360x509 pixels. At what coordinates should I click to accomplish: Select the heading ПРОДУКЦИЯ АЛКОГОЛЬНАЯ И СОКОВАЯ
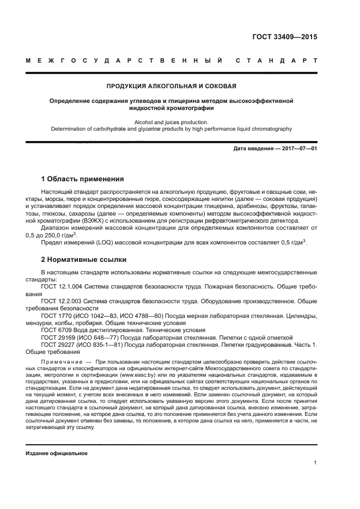pos(172,87)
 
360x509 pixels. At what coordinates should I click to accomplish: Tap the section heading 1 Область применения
pos(83,179)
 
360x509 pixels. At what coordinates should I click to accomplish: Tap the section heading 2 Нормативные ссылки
pos(84,259)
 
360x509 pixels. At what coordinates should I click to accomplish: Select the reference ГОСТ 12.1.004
pos(62,286)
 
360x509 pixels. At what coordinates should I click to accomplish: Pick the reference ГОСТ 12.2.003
pos(62,301)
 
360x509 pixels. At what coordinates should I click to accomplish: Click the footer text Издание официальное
pos(57,453)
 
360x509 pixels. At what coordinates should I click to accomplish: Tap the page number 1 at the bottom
pos(315,463)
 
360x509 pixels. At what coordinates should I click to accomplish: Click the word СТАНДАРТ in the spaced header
pos(276,60)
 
